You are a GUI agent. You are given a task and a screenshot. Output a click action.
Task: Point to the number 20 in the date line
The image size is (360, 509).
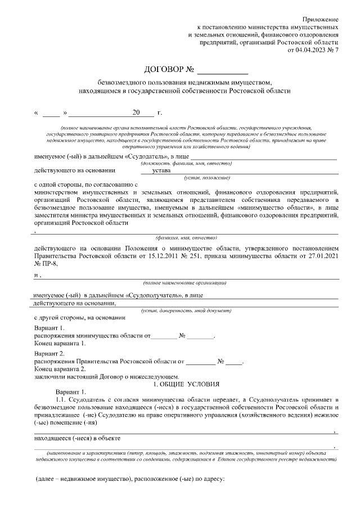pyautogui.click(x=135, y=112)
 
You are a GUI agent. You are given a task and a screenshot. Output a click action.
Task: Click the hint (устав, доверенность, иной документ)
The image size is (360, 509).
pyautogui.click(x=185, y=310)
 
